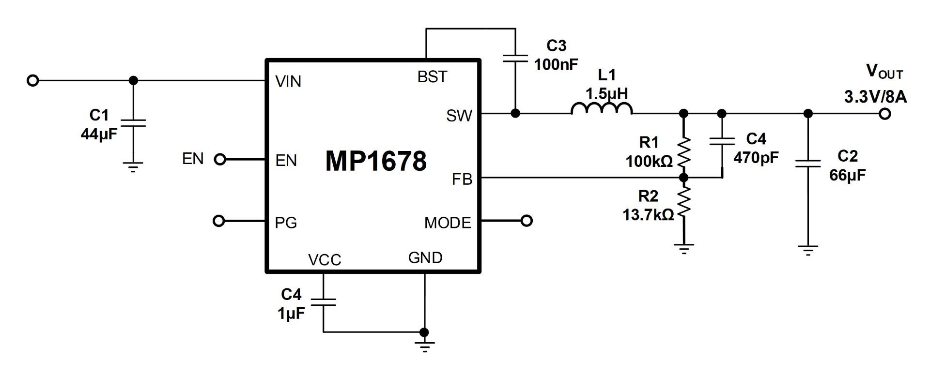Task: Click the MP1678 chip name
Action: point(376,161)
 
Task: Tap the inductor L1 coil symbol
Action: point(602,109)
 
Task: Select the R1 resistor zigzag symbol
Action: point(683,152)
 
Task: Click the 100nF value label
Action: point(556,64)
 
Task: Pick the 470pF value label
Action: point(756,157)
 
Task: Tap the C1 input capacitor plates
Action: point(133,123)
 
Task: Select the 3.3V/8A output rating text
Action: point(875,97)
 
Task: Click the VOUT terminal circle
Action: point(885,114)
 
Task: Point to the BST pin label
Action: point(432,77)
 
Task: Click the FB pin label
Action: point(462,180)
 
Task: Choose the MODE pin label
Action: point(448,223)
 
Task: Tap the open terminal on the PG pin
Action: point(219,221)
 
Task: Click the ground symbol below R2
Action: point(683,249)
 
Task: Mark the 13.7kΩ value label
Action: point(648,215)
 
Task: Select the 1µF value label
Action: point(291,314)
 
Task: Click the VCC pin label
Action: point(325,260)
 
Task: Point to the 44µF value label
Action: point(99,134)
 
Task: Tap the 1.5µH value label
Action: point(607,93)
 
